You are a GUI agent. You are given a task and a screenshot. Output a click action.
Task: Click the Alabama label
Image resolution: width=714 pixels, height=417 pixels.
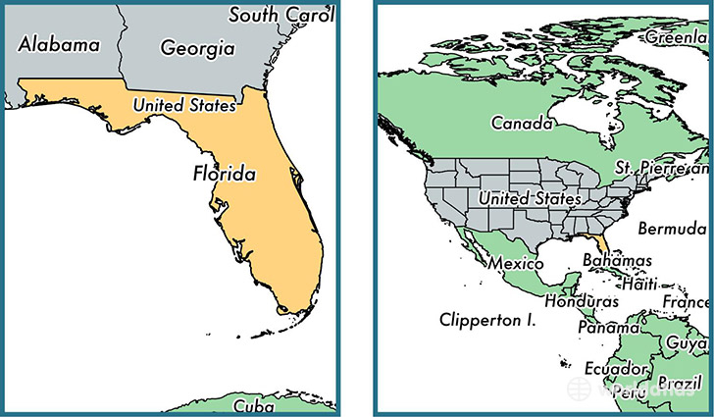pyautogui.click(x=60, y=44)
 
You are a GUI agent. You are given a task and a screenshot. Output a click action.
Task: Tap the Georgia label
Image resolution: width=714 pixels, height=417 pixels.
pyautogui.click(x=197, y=46)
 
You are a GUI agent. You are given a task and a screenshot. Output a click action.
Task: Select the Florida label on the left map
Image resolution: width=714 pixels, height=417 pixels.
pyautogui.click(x=225, y=176)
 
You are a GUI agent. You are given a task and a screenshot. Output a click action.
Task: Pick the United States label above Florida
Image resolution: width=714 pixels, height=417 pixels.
pyautogui.click(x=184, y=105)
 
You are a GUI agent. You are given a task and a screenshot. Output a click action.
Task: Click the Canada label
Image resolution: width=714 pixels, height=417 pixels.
pyautogui.click(x=522, y=124)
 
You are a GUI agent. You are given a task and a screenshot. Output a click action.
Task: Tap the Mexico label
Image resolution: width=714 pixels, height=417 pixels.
pyautogui.click(x=515, y=264)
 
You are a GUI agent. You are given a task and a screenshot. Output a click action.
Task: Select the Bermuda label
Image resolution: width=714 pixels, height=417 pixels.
pyautogui.click(x=672, y=229)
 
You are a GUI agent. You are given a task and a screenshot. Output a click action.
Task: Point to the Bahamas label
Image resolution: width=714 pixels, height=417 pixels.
pyautogui.click(x=617, y=261)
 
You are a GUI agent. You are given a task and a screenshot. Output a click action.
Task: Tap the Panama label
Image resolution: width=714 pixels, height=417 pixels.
pyautogui.click(x=604, y=327)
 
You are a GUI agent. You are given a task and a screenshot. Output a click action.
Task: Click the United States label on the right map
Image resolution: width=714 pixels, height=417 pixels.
pyautogui.click(x=530, y=198)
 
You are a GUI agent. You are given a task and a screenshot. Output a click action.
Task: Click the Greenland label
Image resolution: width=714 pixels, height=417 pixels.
pyautogui.click(x=677, y=37)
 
